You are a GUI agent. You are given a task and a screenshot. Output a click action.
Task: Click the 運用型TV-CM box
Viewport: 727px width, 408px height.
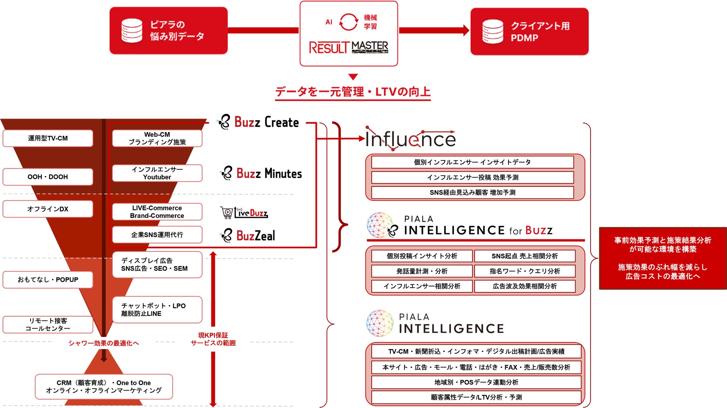(48, 138)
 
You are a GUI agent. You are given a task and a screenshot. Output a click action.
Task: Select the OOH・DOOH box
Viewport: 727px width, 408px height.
(48, 177)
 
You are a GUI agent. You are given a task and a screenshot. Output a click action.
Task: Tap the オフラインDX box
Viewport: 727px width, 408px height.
(48, 209)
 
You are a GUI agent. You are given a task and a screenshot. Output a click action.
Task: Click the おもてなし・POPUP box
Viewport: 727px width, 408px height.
(48, 280)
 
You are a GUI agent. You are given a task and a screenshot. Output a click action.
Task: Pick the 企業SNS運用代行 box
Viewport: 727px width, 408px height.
(157, 235)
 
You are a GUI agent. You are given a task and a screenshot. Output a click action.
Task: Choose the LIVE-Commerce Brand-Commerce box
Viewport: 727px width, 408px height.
(157, 212)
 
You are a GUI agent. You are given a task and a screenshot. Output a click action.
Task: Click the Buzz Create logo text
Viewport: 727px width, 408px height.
(266, 122)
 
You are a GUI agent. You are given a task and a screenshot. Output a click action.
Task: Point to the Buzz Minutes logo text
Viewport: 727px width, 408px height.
(269, 174)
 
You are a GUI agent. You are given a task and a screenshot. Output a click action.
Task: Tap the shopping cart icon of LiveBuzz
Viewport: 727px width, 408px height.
(226, 212)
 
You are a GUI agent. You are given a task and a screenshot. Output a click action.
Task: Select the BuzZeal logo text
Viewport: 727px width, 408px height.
(255, 236)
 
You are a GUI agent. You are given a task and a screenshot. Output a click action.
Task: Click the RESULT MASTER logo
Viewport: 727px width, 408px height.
(349, 47)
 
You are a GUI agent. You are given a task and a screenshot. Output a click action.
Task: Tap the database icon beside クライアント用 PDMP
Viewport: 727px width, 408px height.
(492, 32)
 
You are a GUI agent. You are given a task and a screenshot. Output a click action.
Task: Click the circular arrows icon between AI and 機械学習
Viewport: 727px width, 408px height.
(348, 22)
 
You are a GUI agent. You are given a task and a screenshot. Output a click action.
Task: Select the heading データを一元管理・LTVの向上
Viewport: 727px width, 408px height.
(353, 92)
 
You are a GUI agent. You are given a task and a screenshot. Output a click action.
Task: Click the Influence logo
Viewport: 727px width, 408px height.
(410, 139)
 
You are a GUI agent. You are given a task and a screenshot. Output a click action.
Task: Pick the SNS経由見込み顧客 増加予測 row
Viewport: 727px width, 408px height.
(472, 192)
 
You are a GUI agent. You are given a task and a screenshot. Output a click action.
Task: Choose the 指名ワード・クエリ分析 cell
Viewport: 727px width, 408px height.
(525, 271)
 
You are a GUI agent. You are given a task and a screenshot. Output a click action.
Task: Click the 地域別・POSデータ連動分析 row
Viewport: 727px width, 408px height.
(476, 382)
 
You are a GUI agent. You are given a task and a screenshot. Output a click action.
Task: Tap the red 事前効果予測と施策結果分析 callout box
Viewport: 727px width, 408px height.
(663, 258)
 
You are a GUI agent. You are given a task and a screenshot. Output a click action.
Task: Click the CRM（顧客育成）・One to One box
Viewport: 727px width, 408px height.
(104, 387)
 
